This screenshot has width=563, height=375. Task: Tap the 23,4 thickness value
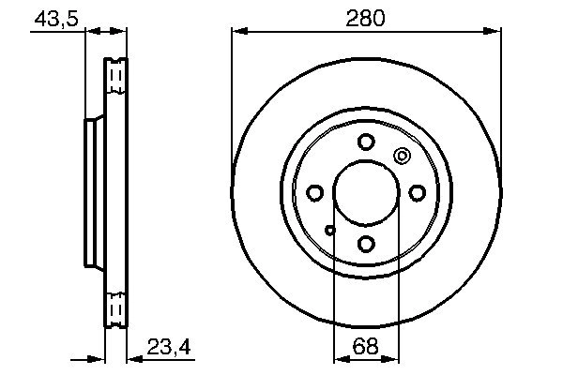tap(169, 348)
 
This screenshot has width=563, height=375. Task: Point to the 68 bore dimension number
tap(366, 348)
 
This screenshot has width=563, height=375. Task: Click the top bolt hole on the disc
tap(366, 142)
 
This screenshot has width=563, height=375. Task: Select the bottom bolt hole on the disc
tap(366, 244)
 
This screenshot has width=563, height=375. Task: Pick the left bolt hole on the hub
tap(315, 193)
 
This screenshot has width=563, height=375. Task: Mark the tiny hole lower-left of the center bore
tap(329, 229)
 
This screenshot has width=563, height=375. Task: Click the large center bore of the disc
tap(366, 193)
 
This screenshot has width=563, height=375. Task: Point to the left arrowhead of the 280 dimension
tap(238, 32)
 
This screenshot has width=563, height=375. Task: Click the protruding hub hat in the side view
tap(93, 192)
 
